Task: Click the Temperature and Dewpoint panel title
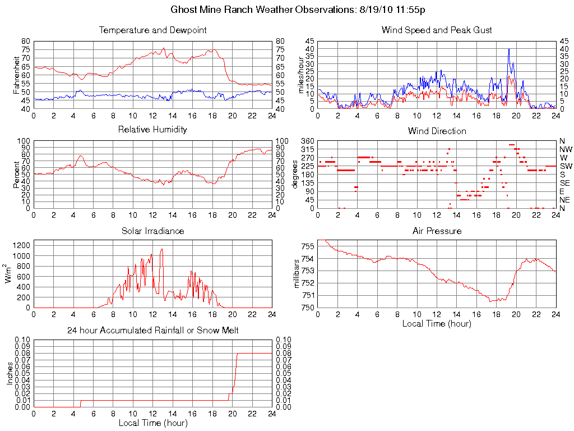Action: point(153,30)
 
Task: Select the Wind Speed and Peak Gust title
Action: point(437,30)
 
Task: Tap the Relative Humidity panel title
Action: point(153,130)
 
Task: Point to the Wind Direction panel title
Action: point(437,131)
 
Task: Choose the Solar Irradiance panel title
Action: point(153,231)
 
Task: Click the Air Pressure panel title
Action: point(437,231)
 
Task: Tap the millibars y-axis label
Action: point(297,274)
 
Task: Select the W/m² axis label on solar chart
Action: point(10,274)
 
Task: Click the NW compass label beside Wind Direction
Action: point(564,149)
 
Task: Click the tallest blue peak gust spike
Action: point(509,49)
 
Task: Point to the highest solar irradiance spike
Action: point(162,249)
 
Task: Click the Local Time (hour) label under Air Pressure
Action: point(437,323)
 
